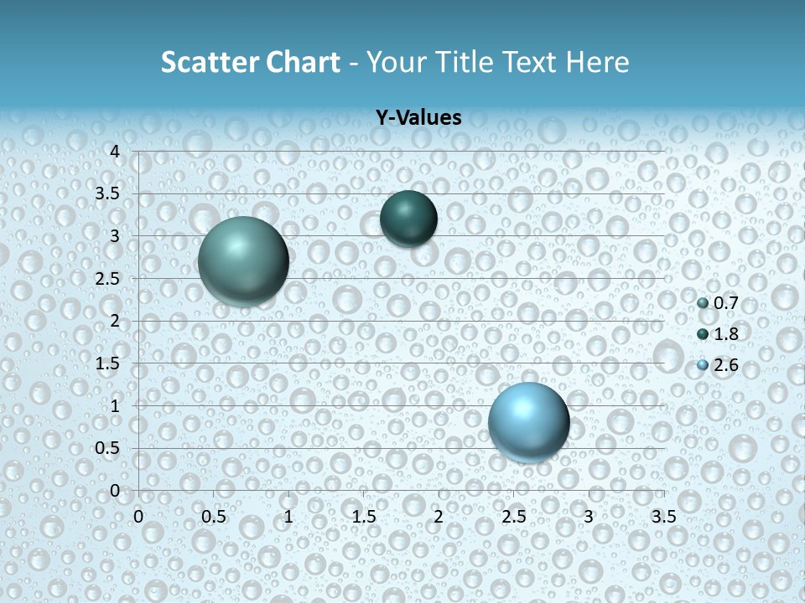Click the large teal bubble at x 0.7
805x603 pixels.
tap(243, 260)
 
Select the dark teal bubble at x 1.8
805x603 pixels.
tap(408, 219)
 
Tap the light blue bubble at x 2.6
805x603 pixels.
tap(528, 421)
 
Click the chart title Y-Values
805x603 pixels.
tap(418, 118)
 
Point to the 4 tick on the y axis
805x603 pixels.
tap(115, 151)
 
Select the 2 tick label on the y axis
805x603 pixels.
tap(115, 321)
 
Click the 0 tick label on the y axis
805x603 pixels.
tap(115, 490)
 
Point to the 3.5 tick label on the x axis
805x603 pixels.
tap(663, 516)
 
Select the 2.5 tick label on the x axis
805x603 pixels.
tap(513, 516)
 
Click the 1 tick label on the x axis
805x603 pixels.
tap(288, 516)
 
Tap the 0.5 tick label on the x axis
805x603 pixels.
tap(213, 516)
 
